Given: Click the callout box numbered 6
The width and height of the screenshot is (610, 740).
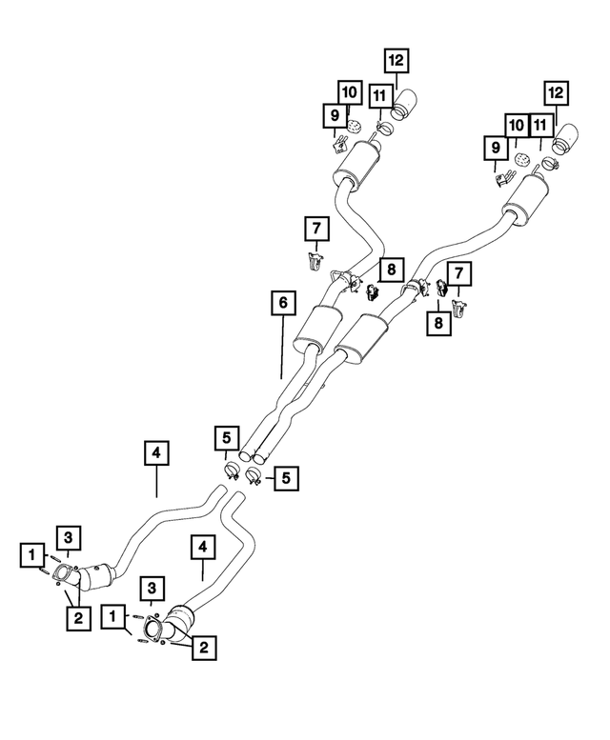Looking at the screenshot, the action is coord(283,303).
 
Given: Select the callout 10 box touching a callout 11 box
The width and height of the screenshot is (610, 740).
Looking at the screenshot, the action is coord(517,126).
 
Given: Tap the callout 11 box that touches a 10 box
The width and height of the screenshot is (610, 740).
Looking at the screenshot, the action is coord(540,126).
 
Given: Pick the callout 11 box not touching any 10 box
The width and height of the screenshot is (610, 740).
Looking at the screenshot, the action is coord(380,96).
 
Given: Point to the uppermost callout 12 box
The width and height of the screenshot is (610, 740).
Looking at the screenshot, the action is coord(396,60).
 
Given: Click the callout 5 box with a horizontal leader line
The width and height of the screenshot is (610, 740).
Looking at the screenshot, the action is coord(286,478).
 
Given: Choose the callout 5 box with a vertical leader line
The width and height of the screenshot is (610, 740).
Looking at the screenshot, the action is coord(227,438).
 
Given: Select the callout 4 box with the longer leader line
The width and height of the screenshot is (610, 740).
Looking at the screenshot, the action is coord(156,453).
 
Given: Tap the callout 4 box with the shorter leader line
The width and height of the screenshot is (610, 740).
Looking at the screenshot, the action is coord(203,547).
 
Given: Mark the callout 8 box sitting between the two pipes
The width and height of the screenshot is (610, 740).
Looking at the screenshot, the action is coord(392,270).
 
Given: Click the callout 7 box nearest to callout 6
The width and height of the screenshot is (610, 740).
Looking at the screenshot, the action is coord(316,229).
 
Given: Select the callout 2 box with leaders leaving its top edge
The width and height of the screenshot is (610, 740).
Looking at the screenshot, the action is coord(78,618).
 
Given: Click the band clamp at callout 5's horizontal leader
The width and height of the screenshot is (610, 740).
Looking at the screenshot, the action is coord(254,476).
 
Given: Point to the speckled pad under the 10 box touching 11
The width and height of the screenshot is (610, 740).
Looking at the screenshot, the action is coord(520,158).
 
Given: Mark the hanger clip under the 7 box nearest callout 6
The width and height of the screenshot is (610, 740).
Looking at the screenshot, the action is coord(315,262).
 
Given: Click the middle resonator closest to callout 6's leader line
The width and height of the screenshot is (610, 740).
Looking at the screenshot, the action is coord(317,330).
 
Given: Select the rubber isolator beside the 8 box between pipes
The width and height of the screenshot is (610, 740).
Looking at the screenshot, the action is coord(372,291).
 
